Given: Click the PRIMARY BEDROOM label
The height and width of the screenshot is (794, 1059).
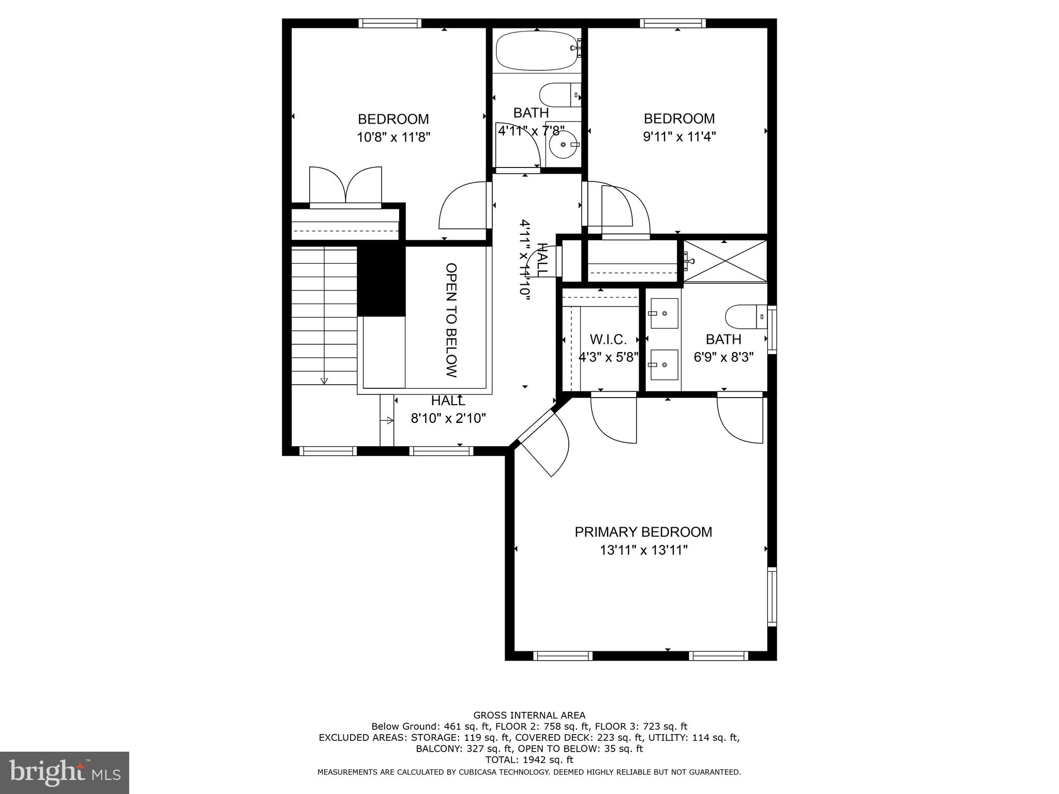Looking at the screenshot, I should [x=643, y=532].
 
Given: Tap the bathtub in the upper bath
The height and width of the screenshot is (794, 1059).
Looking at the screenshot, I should [x=536, y=52].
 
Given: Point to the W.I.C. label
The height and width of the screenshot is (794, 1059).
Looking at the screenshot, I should [x=608, y=340].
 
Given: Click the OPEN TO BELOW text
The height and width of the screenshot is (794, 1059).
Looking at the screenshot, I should [x=451, y=320].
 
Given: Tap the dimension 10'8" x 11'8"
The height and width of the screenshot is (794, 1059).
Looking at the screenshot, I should [x=394, y=138].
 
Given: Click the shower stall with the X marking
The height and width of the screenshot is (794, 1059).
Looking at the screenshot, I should [x=725, y=262].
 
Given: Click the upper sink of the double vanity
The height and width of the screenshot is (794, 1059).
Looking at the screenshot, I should [x=664, y=313].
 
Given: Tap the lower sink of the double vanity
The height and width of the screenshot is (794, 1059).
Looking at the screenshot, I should [x=664, y=364].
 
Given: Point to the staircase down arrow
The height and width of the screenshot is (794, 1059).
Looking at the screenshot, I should [x=324, y=380].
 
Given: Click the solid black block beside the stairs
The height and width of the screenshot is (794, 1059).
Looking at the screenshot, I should [x=381, y=281].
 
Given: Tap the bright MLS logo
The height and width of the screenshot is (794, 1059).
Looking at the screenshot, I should [x=65, y=772].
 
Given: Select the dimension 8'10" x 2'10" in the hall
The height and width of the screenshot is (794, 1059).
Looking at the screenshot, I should [x=448, y=419].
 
